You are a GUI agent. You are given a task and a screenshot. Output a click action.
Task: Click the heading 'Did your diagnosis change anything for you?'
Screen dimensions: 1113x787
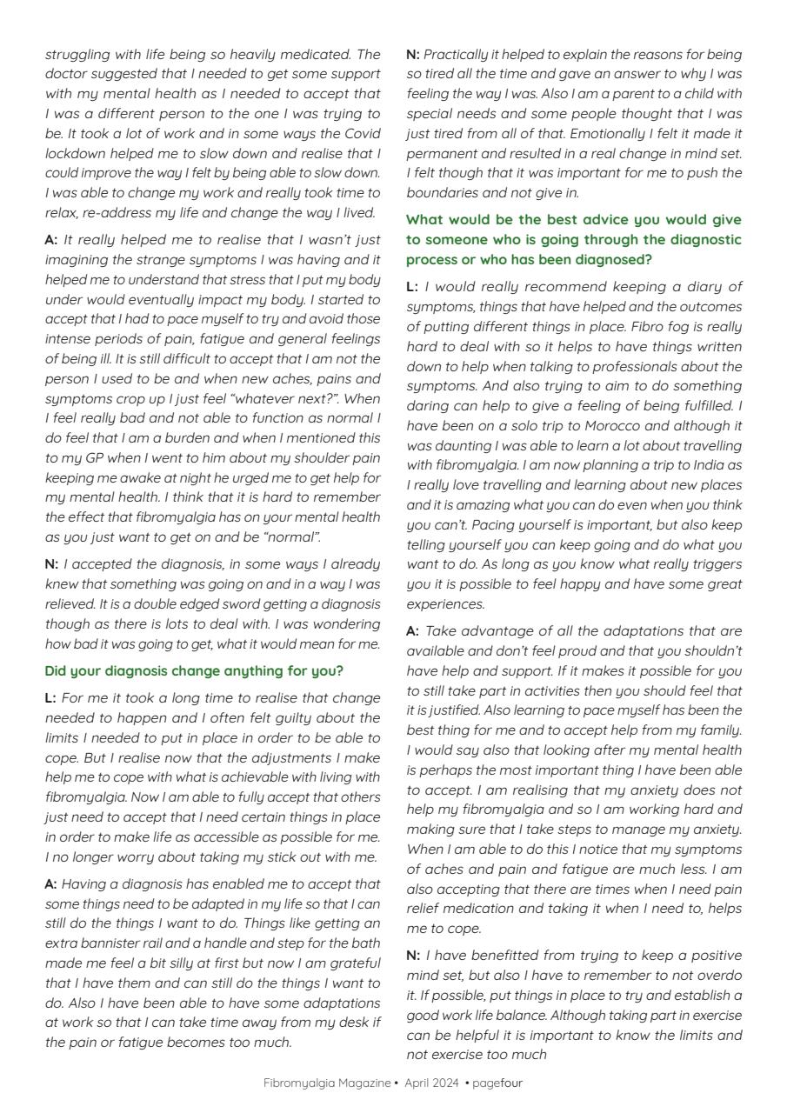coord(193,671)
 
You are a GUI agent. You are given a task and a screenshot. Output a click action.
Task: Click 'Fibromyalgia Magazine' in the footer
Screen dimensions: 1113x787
coord(327,1083)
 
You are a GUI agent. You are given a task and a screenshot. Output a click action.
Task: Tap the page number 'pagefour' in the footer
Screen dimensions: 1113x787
coord(497,1083)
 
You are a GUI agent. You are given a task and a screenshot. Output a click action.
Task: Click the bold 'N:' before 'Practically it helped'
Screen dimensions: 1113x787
coord(413,55)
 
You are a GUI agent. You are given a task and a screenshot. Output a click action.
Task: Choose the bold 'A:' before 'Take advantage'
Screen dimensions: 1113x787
coord(413,631)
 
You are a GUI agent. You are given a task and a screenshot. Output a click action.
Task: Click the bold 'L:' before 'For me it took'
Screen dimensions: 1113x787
coord(50,698)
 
